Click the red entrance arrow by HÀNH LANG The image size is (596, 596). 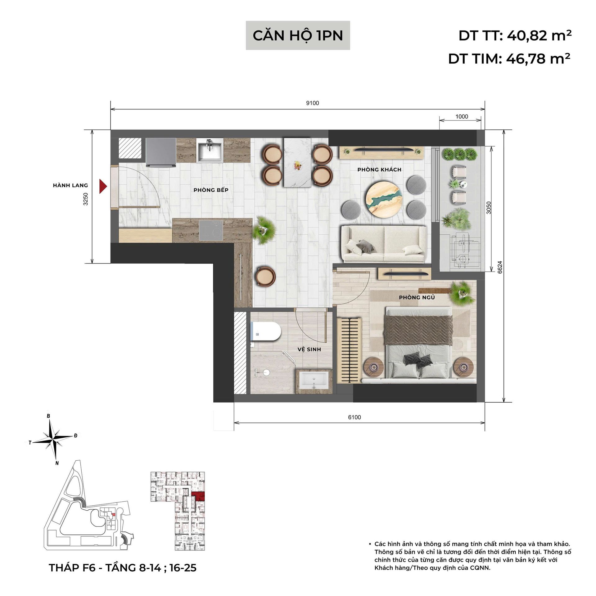[x=103, y=186]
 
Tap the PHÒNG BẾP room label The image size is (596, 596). [x=211, y=190]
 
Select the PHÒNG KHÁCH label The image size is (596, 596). [x=379, y=169]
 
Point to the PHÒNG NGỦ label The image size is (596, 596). [x=417, y=297]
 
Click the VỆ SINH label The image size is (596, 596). [x=309, y=349]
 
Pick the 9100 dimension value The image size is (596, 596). [x=313, y=103]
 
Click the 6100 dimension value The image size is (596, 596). [x=354, y=417]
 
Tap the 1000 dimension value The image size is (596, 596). [x=462, y=116]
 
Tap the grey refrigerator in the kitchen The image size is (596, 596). [x=161, y=153]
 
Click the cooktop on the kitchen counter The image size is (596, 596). [x=211, y=230]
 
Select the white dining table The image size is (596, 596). [x=298, y=162]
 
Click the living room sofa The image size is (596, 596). [x=384, y=244]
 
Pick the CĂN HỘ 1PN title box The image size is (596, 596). [x=298, y=35]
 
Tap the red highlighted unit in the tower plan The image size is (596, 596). [x=198, y=496]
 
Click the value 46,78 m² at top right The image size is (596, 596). [x=538, y=58]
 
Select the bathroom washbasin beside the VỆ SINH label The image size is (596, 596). [x=314, y=381]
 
